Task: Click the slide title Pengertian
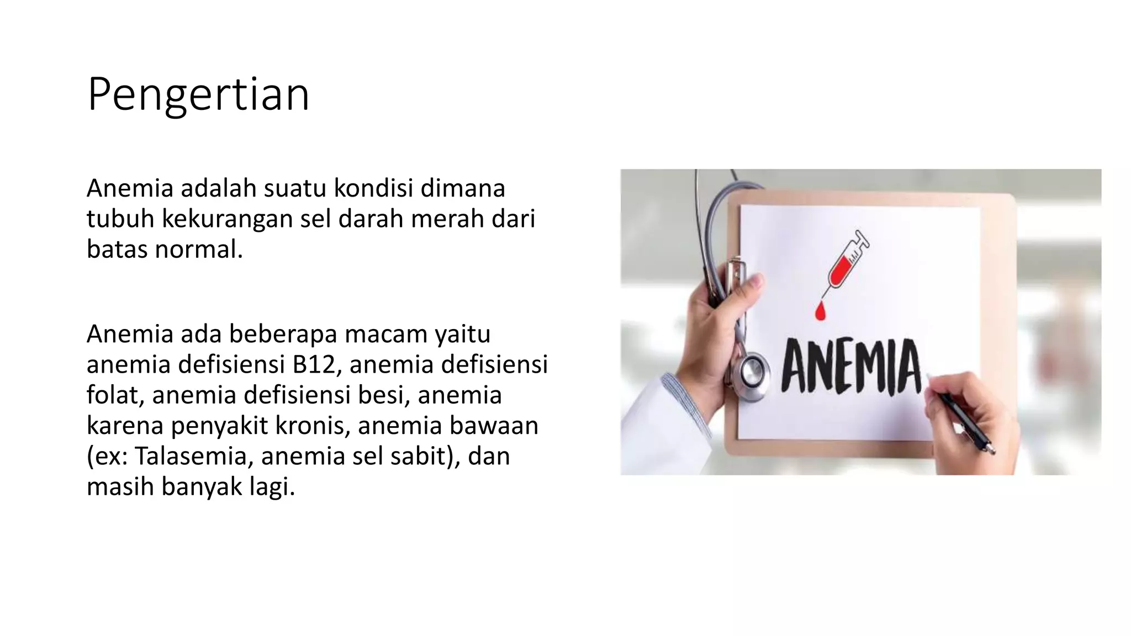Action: click(x=198, y=95)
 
